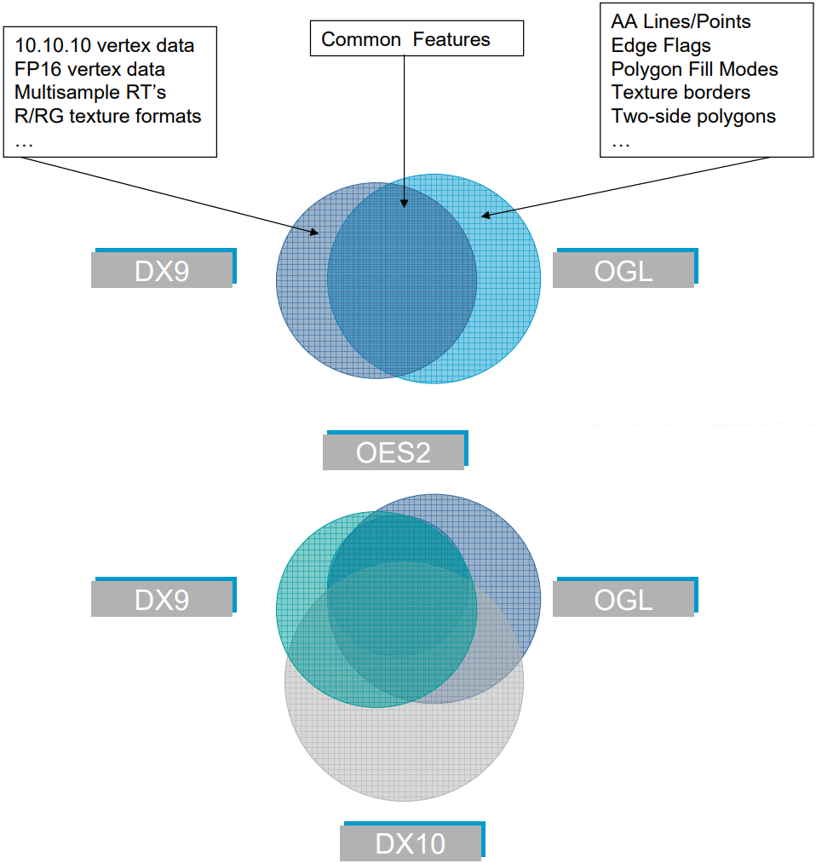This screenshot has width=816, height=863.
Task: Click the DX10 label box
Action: [412, 842]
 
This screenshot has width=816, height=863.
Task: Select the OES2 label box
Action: [395, 450]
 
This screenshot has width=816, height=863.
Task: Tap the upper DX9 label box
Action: [164, 268]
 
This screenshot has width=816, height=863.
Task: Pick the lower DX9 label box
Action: [164, 596]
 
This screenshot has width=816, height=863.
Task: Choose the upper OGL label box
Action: [625, 268]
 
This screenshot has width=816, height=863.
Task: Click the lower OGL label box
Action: [625, 596]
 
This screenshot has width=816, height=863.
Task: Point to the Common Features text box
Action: [417, 38]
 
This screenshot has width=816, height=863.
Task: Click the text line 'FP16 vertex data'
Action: [89, 69]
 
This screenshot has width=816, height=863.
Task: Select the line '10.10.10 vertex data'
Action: [105, 46]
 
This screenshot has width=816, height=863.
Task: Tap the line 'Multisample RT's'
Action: [90, 93]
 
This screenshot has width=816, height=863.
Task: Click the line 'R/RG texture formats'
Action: [108, 116]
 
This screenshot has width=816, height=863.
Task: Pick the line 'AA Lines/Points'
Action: [681, 21]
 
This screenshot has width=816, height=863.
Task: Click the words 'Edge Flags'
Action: [661, 46]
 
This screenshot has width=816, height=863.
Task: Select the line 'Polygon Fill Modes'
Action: [694, 69]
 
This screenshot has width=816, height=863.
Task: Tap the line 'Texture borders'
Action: [681, 93]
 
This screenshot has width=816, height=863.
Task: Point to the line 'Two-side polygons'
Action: [693, 116]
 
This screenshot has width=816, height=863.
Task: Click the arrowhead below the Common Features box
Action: [404, 204]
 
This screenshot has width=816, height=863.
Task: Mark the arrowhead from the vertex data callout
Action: [314, 233]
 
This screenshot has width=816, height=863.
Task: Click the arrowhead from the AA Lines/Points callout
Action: [486, 216]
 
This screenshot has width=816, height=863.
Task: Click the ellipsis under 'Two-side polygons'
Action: [621, 145]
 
